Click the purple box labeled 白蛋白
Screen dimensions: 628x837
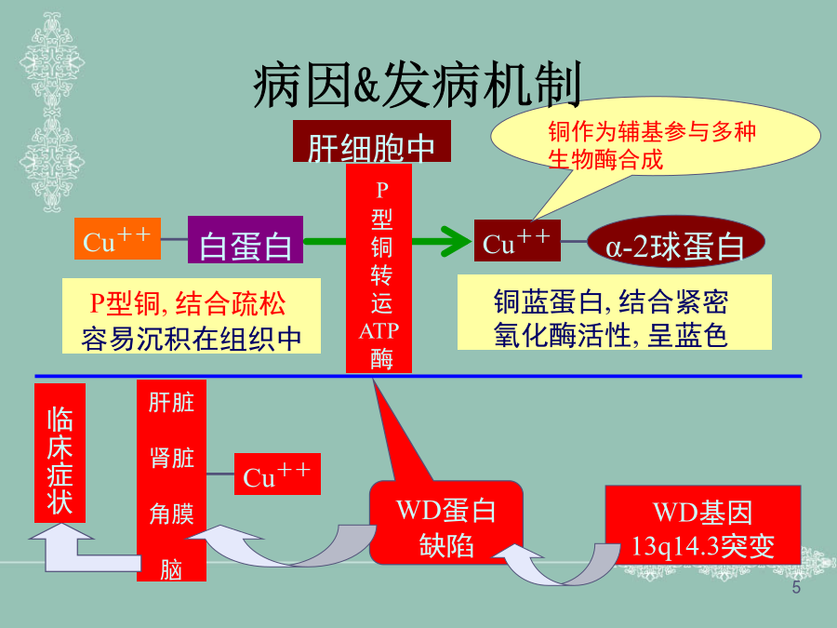(246, 245)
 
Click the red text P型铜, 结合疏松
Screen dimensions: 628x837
(188, 303)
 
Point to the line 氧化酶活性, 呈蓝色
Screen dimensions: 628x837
(611, 335)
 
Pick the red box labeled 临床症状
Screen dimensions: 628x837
(60, 452)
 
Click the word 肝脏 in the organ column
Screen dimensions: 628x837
(171, 402)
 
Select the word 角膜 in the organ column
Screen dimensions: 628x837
(171, 513)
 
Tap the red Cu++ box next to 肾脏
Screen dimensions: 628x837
(277, 474)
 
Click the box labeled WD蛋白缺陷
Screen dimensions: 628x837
(446, 527)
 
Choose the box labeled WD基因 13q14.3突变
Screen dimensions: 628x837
(702, 528)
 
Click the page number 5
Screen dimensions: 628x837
(796, 589)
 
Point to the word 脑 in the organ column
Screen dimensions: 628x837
(171, 568)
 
